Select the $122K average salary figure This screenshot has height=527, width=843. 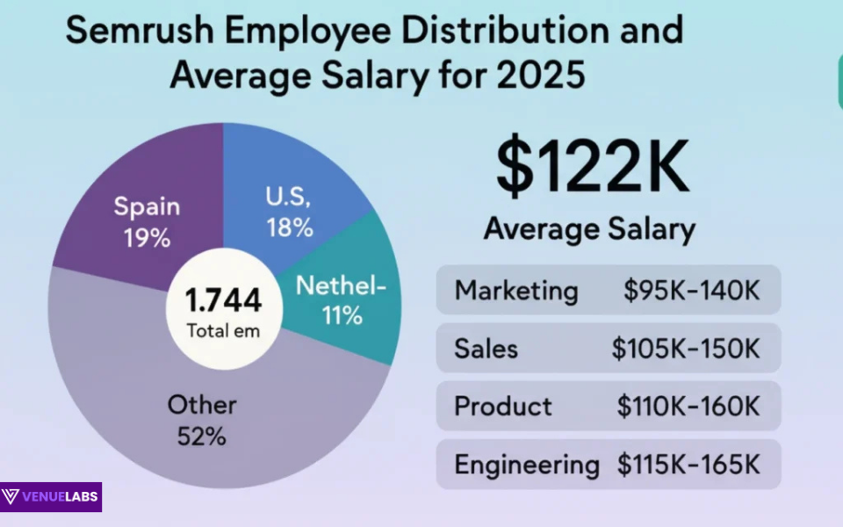594,167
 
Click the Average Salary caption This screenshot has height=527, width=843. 589,229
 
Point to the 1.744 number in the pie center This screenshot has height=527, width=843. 223,300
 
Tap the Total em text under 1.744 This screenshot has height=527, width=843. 223,331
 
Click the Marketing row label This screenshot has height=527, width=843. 516,291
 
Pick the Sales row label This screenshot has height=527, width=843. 486,349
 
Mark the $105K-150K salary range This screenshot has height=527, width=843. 686,349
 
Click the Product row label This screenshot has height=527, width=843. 503,407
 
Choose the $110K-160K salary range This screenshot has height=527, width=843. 688,407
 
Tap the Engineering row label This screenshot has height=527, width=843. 527,465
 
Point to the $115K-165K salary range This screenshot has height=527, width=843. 688,465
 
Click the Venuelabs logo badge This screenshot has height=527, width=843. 51,497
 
